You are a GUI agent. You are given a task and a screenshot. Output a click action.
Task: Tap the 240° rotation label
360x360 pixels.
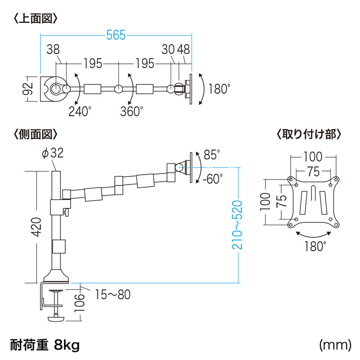[x=80, y=111]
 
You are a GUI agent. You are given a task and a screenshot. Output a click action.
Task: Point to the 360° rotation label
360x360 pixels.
[x=131, y=111]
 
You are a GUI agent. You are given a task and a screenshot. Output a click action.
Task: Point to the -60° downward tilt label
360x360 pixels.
[x=212, y=179]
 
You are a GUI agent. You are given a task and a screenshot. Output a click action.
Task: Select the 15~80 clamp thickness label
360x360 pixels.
[x=112, y=295]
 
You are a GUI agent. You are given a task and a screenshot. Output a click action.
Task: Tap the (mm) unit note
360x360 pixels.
[x=335, y=345]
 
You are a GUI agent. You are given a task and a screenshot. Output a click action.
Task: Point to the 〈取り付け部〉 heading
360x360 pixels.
[x=310, y=134]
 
